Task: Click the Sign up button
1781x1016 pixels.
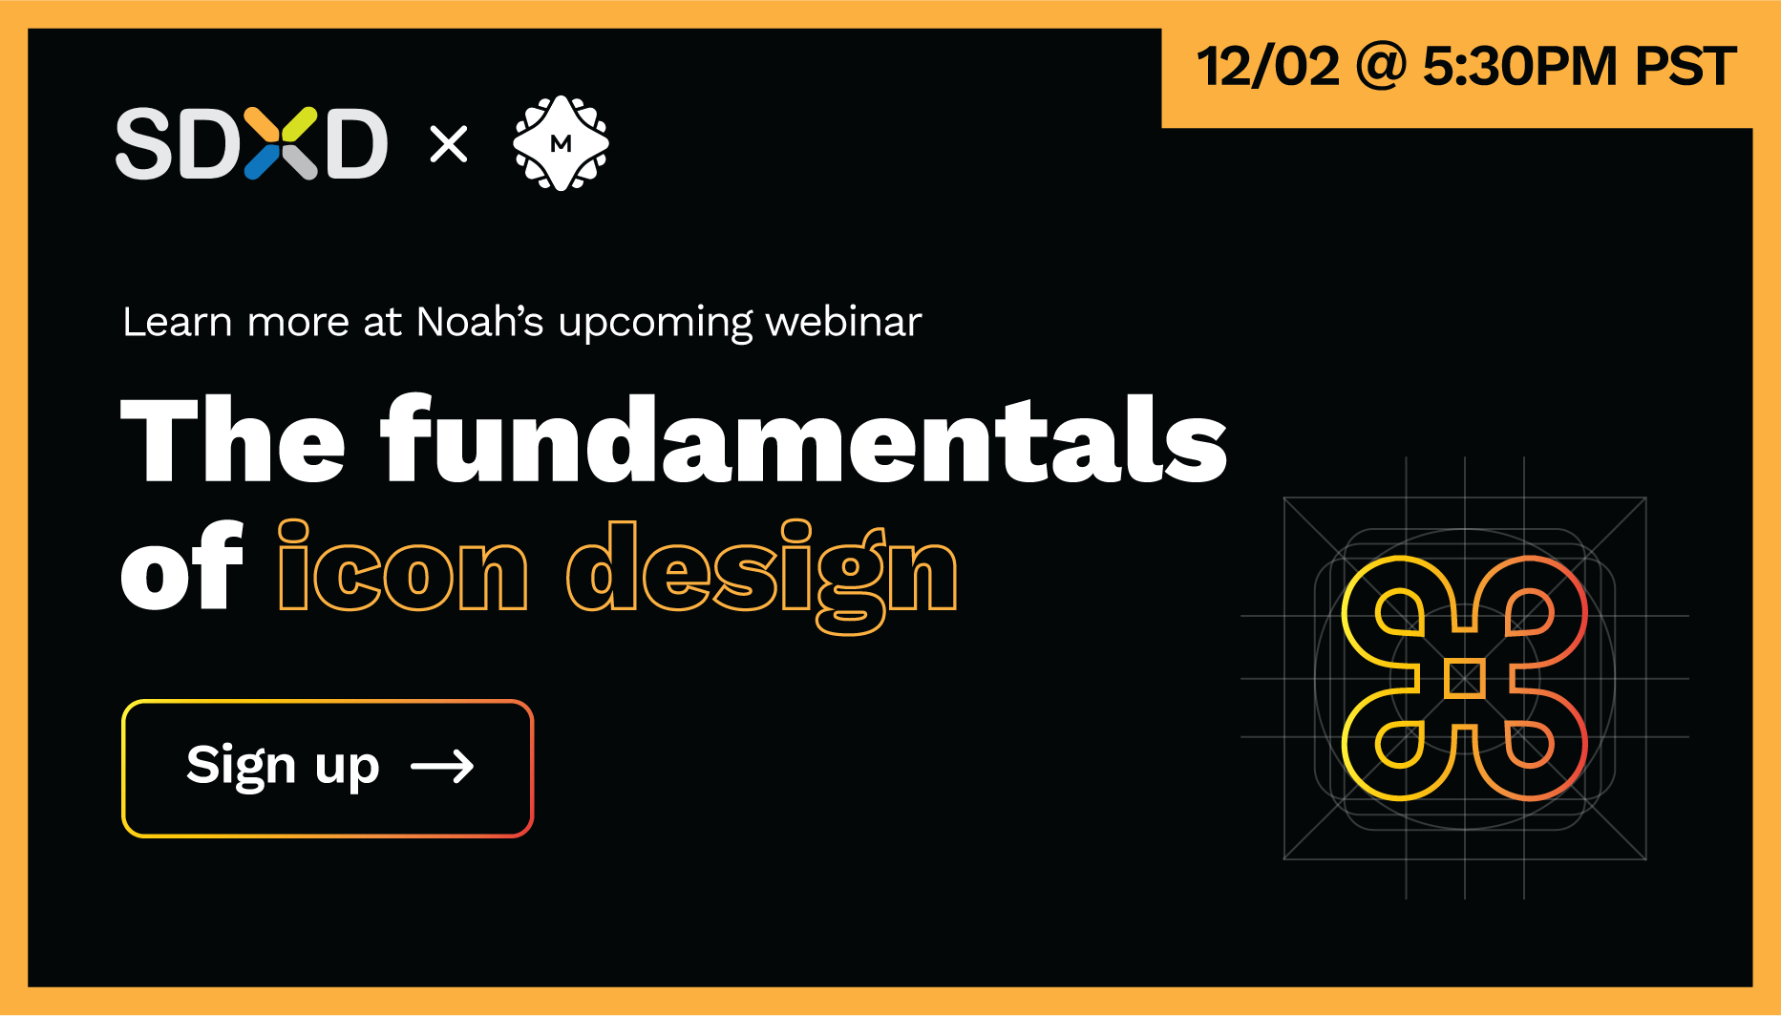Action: [328, 769]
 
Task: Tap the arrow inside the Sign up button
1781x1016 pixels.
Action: [442, 766]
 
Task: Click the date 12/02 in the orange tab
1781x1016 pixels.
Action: [1268, 67]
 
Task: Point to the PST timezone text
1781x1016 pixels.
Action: [1686, 67]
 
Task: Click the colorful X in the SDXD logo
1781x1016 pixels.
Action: [281, 143]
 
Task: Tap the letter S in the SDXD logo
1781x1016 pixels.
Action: [144, 143]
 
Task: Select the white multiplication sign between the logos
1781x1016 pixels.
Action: [449, 144]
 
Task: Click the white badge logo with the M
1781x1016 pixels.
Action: [562, 143]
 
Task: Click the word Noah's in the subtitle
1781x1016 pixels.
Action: [480, 322]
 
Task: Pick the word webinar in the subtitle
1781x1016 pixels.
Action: [844, 322]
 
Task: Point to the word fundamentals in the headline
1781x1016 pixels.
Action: [804, 440]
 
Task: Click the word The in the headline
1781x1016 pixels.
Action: [233, 440]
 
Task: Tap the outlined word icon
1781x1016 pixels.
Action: [402, 566]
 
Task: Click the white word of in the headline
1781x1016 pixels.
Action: [182, 566]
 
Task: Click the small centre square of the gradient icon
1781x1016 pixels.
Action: [1465, 679]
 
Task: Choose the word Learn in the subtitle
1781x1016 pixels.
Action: [178, 322]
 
